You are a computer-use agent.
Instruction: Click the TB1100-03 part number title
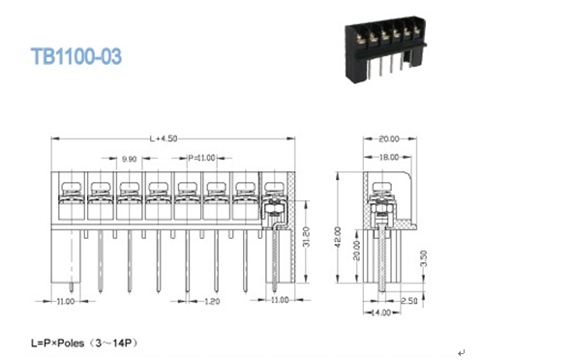coord(76,56)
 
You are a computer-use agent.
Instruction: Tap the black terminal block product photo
coord(385,49)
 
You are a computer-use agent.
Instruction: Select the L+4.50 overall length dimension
coord(164,138)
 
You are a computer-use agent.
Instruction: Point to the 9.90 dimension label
coord(129,159)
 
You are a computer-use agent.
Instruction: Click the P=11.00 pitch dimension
coord(201,158)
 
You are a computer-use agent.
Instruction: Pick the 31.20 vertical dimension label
coord(306,237)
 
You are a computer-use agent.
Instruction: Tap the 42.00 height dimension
coord(338,237)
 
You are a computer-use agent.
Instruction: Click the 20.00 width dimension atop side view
coord(389,139)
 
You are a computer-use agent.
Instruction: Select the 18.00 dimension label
coord(389,157)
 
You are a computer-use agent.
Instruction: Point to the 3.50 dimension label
coord(424,258)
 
